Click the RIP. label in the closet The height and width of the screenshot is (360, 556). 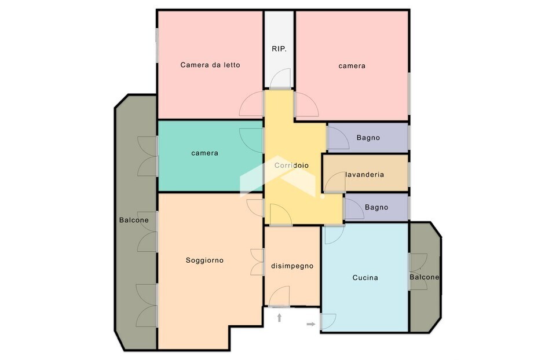pyautogui.click(x=279, y=49)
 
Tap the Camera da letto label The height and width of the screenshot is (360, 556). pyautogui.click(x=210, y=65)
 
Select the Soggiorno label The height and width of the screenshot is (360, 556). pyautogui.click(x=204, y=260)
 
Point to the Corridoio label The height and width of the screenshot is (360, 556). pyautogui.click(x=291, y=165)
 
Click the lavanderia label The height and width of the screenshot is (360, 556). pyautogui.click(x=364, y=174)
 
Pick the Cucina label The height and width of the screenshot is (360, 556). pyautogui.click(x=365, y=278)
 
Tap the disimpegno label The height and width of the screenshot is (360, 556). pyautogui.click(x=292, y=266)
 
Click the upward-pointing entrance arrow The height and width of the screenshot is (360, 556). pyautogui.click(x=279, y=318)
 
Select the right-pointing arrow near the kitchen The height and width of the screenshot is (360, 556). pyautogui.click(x=311, y=324)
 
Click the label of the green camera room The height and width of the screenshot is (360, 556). pyautogui.click(x=204, y=153)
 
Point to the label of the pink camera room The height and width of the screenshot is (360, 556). pyautogui.click(x=352, y=66)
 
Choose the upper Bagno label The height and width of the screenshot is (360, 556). pyautogui.click(x=368, y=138)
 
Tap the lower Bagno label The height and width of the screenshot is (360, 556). pyautogui.click(x=376, y=207)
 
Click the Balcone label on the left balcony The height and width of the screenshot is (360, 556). pyautogui.click(x=134, y=220)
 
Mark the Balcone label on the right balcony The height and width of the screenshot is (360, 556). pyautogui.click(x=425, y=277)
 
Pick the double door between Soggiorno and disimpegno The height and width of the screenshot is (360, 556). pyautogui.click(x=257, y=262)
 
